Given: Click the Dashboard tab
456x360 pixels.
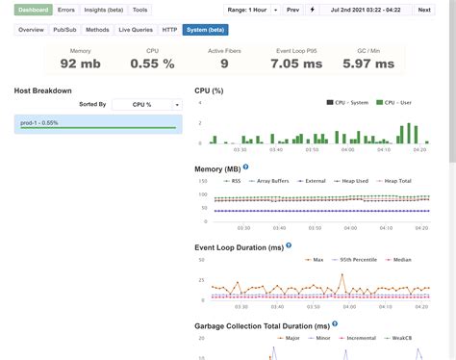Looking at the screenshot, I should (33, 9).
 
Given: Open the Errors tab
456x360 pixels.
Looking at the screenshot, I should (65, 9).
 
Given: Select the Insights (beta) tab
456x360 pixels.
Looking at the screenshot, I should (102, 9).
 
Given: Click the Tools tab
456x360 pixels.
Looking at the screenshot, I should (140, 9).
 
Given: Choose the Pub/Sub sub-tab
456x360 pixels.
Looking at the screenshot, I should (66, 30).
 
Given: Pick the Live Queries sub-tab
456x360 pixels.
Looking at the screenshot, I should (135, 30).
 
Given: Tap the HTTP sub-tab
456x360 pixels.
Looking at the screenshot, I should (169, 30).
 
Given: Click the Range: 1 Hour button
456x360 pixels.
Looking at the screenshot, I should (248, 9).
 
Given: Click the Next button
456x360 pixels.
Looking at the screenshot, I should (423, 9).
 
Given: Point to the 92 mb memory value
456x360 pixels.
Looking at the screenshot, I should (81, 64).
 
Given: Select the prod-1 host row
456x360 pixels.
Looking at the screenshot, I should (96, 122).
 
